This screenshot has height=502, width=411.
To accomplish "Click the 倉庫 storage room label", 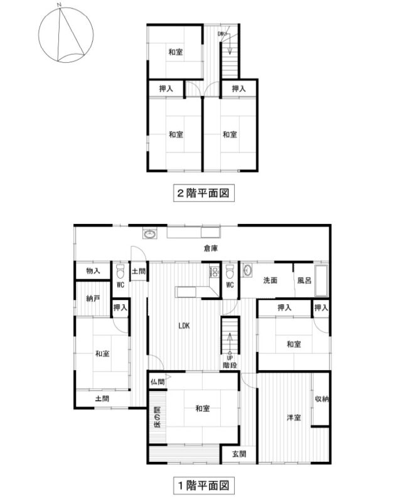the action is pyautogui.click(x=211, y=248).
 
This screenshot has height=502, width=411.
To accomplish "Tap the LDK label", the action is pyautogui.click(x=184, y=326).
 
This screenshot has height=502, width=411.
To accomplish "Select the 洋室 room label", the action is pyautogui.click(x=294, y=417).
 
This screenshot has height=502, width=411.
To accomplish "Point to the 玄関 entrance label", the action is pyautogui.click(x=239, y=454).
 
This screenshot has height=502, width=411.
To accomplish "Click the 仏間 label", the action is pyautogui.click(x=157, y=382).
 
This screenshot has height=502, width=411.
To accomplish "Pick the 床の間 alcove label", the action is pyautogui.click(x=157, y=417).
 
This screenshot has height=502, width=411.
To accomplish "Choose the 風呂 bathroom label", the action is pyautogui.click(x=304, y=280).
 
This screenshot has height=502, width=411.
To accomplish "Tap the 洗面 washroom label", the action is pyautogui.click(x=270, y=280).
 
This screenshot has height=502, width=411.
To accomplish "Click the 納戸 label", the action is pyautogui.click(x=93, y=299).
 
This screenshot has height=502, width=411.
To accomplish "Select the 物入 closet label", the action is pyautogui.click(x=93, y=271).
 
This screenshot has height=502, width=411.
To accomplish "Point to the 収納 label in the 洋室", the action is pyautogui.click(x=322, y=399).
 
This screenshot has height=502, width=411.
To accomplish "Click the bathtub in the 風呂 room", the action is pyautogui.click(x=321, y=280).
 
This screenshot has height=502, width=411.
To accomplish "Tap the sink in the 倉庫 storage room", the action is pyautogui.click(x=149, y=234).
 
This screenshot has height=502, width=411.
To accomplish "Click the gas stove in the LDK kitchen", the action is pyautogui.click(x=214, y=272).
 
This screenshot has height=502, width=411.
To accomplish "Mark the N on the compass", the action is pyautogui.click(x=58, y=5).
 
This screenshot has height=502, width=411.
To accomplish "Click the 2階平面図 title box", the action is pyautogui.click(x=203, y=193).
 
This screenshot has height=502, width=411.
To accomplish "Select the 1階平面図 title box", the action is pyautogui.click(x=203, y=486).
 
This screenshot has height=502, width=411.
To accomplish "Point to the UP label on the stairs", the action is pyautogui.click(x=230, y=358).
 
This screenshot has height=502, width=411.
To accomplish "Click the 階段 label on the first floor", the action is pyautogui.click(x=230, y=365).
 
